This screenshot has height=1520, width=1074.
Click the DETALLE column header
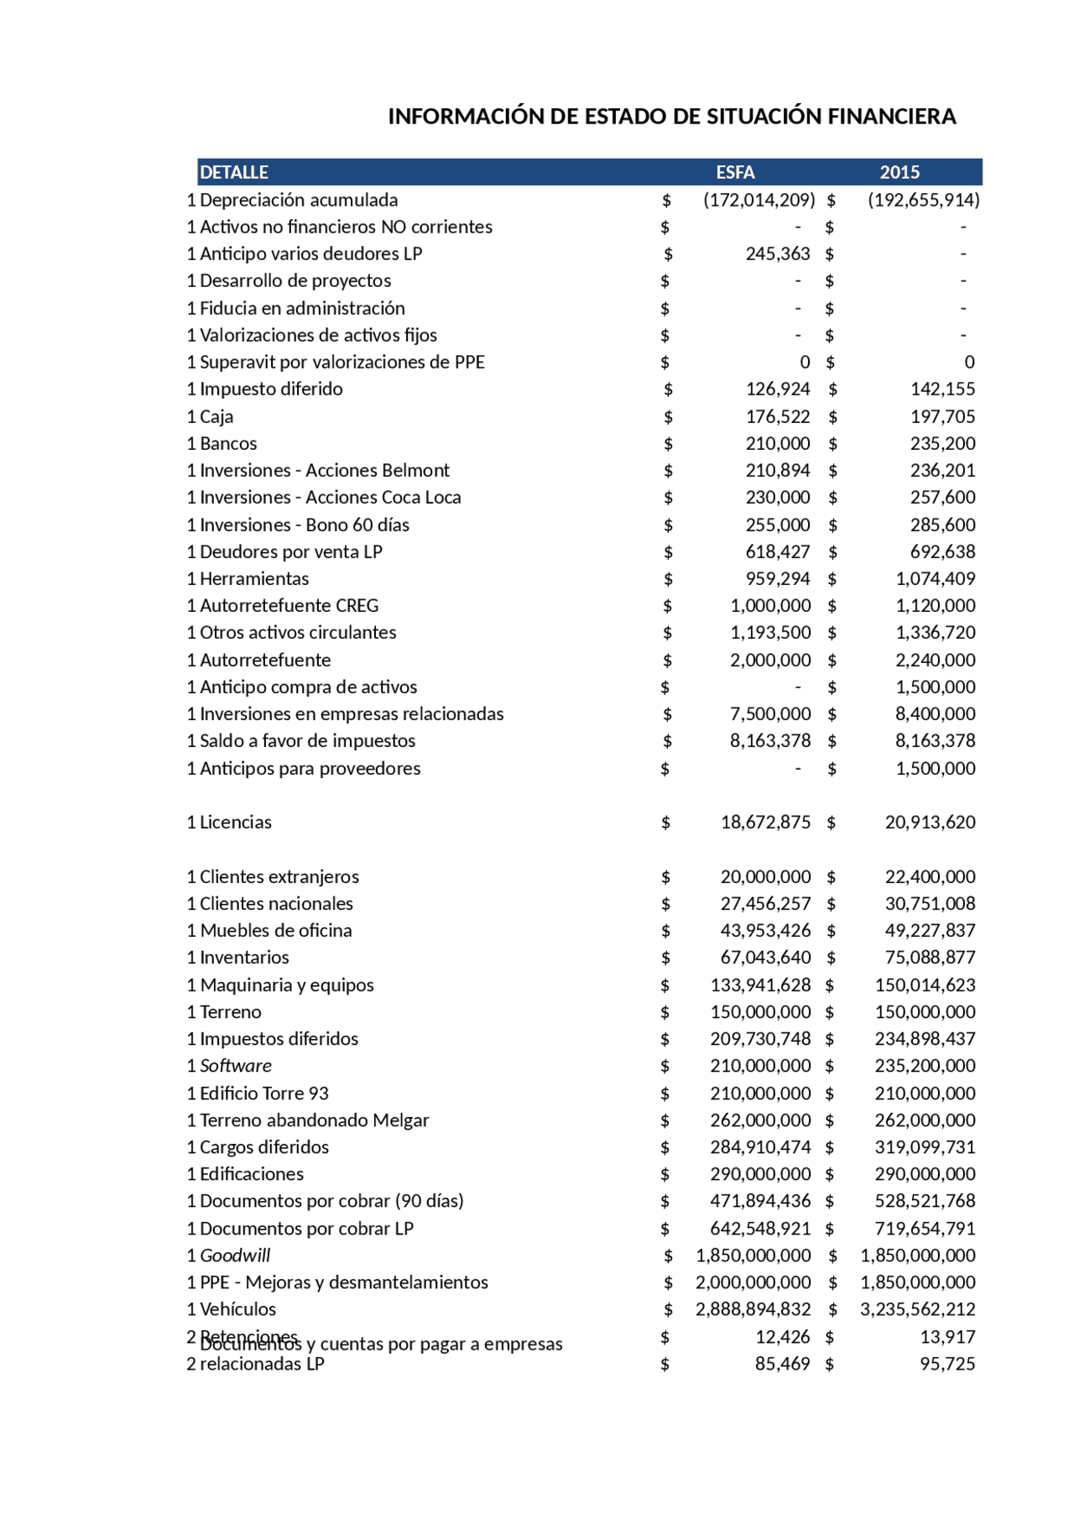[234, 172]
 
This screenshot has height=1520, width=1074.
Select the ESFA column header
[735, 172]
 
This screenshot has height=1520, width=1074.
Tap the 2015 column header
[899, 172]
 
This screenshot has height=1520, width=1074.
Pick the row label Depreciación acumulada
[299, 200]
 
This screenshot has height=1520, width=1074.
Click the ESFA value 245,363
[778, 253]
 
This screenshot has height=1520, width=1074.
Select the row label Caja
[216, 416]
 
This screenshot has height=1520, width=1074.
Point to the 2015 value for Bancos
[942, 443]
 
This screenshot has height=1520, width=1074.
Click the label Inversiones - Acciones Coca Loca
[330, 497]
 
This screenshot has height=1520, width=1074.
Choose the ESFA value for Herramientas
[778, 578]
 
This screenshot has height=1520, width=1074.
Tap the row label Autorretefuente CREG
[289, 605]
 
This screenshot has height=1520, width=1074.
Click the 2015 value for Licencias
[930, 822]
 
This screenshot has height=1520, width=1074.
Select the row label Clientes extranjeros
[279, 876]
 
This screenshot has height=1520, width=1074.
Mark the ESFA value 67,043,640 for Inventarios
[765, 957]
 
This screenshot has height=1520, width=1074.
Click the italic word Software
[236, 1065]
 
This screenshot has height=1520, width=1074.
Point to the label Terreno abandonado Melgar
[314, 1120]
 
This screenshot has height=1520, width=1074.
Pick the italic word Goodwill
[235, 1255]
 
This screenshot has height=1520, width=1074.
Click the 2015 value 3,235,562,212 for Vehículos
[917, 1308]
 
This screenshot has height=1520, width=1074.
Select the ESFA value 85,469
[782, 1363]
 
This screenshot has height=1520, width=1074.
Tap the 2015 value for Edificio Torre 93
[925, 1093]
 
